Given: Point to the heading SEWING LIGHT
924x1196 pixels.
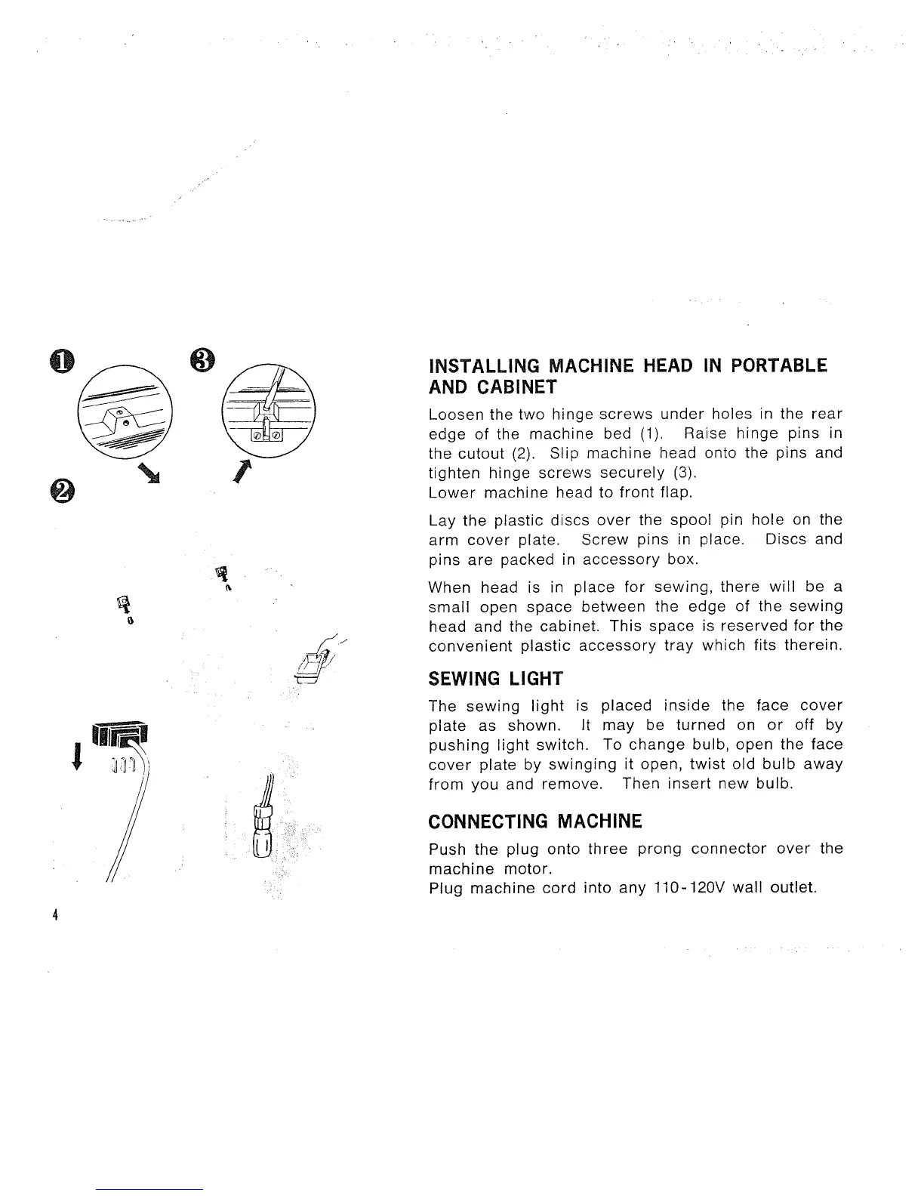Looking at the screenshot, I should tap(495, 678).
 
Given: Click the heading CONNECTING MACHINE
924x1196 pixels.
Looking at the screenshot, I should tap(534, 821).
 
